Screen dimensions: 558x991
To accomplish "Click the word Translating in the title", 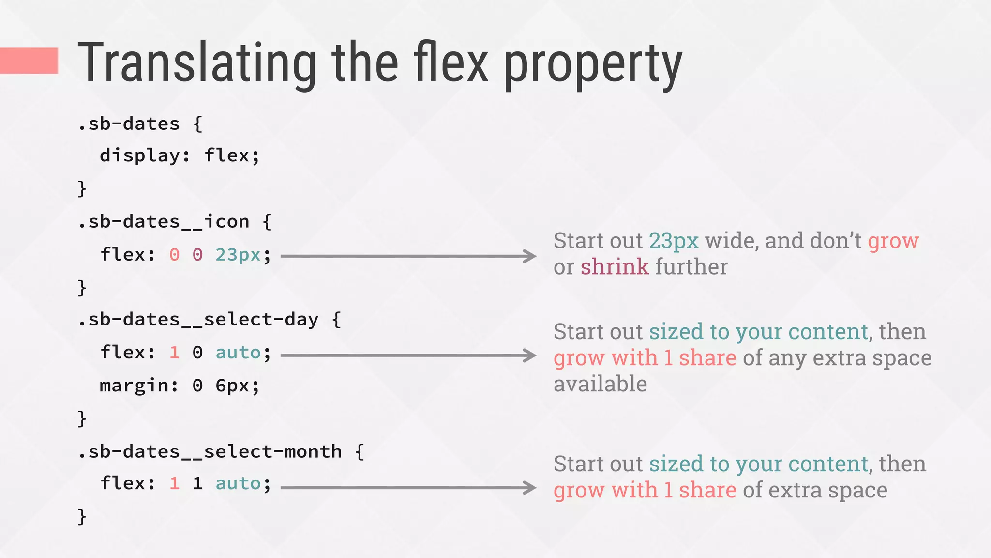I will (197, 63).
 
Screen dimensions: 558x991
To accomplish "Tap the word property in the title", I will (593, 65).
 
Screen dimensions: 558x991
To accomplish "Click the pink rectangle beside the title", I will (29, 61).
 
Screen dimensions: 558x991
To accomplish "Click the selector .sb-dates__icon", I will (164, 222).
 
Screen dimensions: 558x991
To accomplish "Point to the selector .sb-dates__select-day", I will (198, 320).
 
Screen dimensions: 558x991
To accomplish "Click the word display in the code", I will (139, 156).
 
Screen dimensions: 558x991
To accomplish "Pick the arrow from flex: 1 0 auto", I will (408, 356).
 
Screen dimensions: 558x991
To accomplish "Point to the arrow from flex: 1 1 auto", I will (408, 487).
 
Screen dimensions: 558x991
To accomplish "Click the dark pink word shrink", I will (615, 267).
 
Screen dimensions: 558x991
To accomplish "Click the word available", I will (600, 384).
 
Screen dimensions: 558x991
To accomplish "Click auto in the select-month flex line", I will (238, 483).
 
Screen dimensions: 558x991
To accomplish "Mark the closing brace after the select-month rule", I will (82, 516).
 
